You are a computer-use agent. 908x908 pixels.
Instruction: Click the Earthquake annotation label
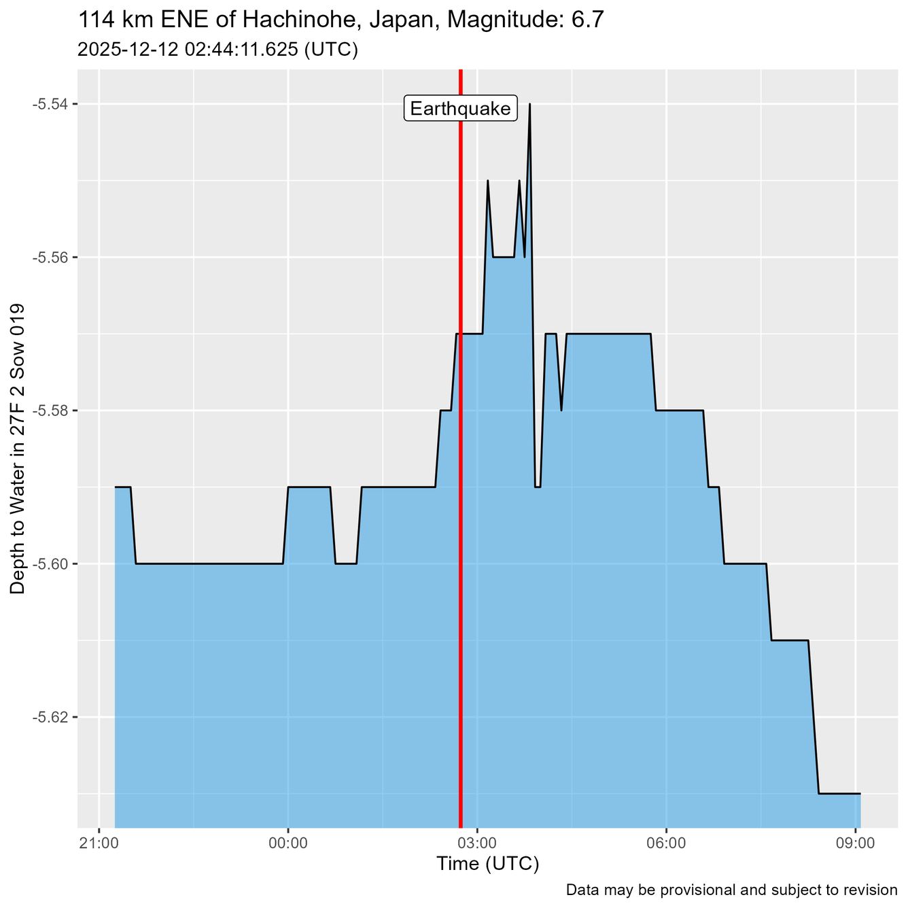point(461,109)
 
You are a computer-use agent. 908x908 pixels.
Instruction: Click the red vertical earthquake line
point(461,476)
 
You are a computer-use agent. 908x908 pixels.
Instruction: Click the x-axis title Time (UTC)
point(487,865)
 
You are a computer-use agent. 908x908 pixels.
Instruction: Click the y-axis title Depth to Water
point(18,449)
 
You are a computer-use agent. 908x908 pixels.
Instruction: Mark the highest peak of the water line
point(529,105)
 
